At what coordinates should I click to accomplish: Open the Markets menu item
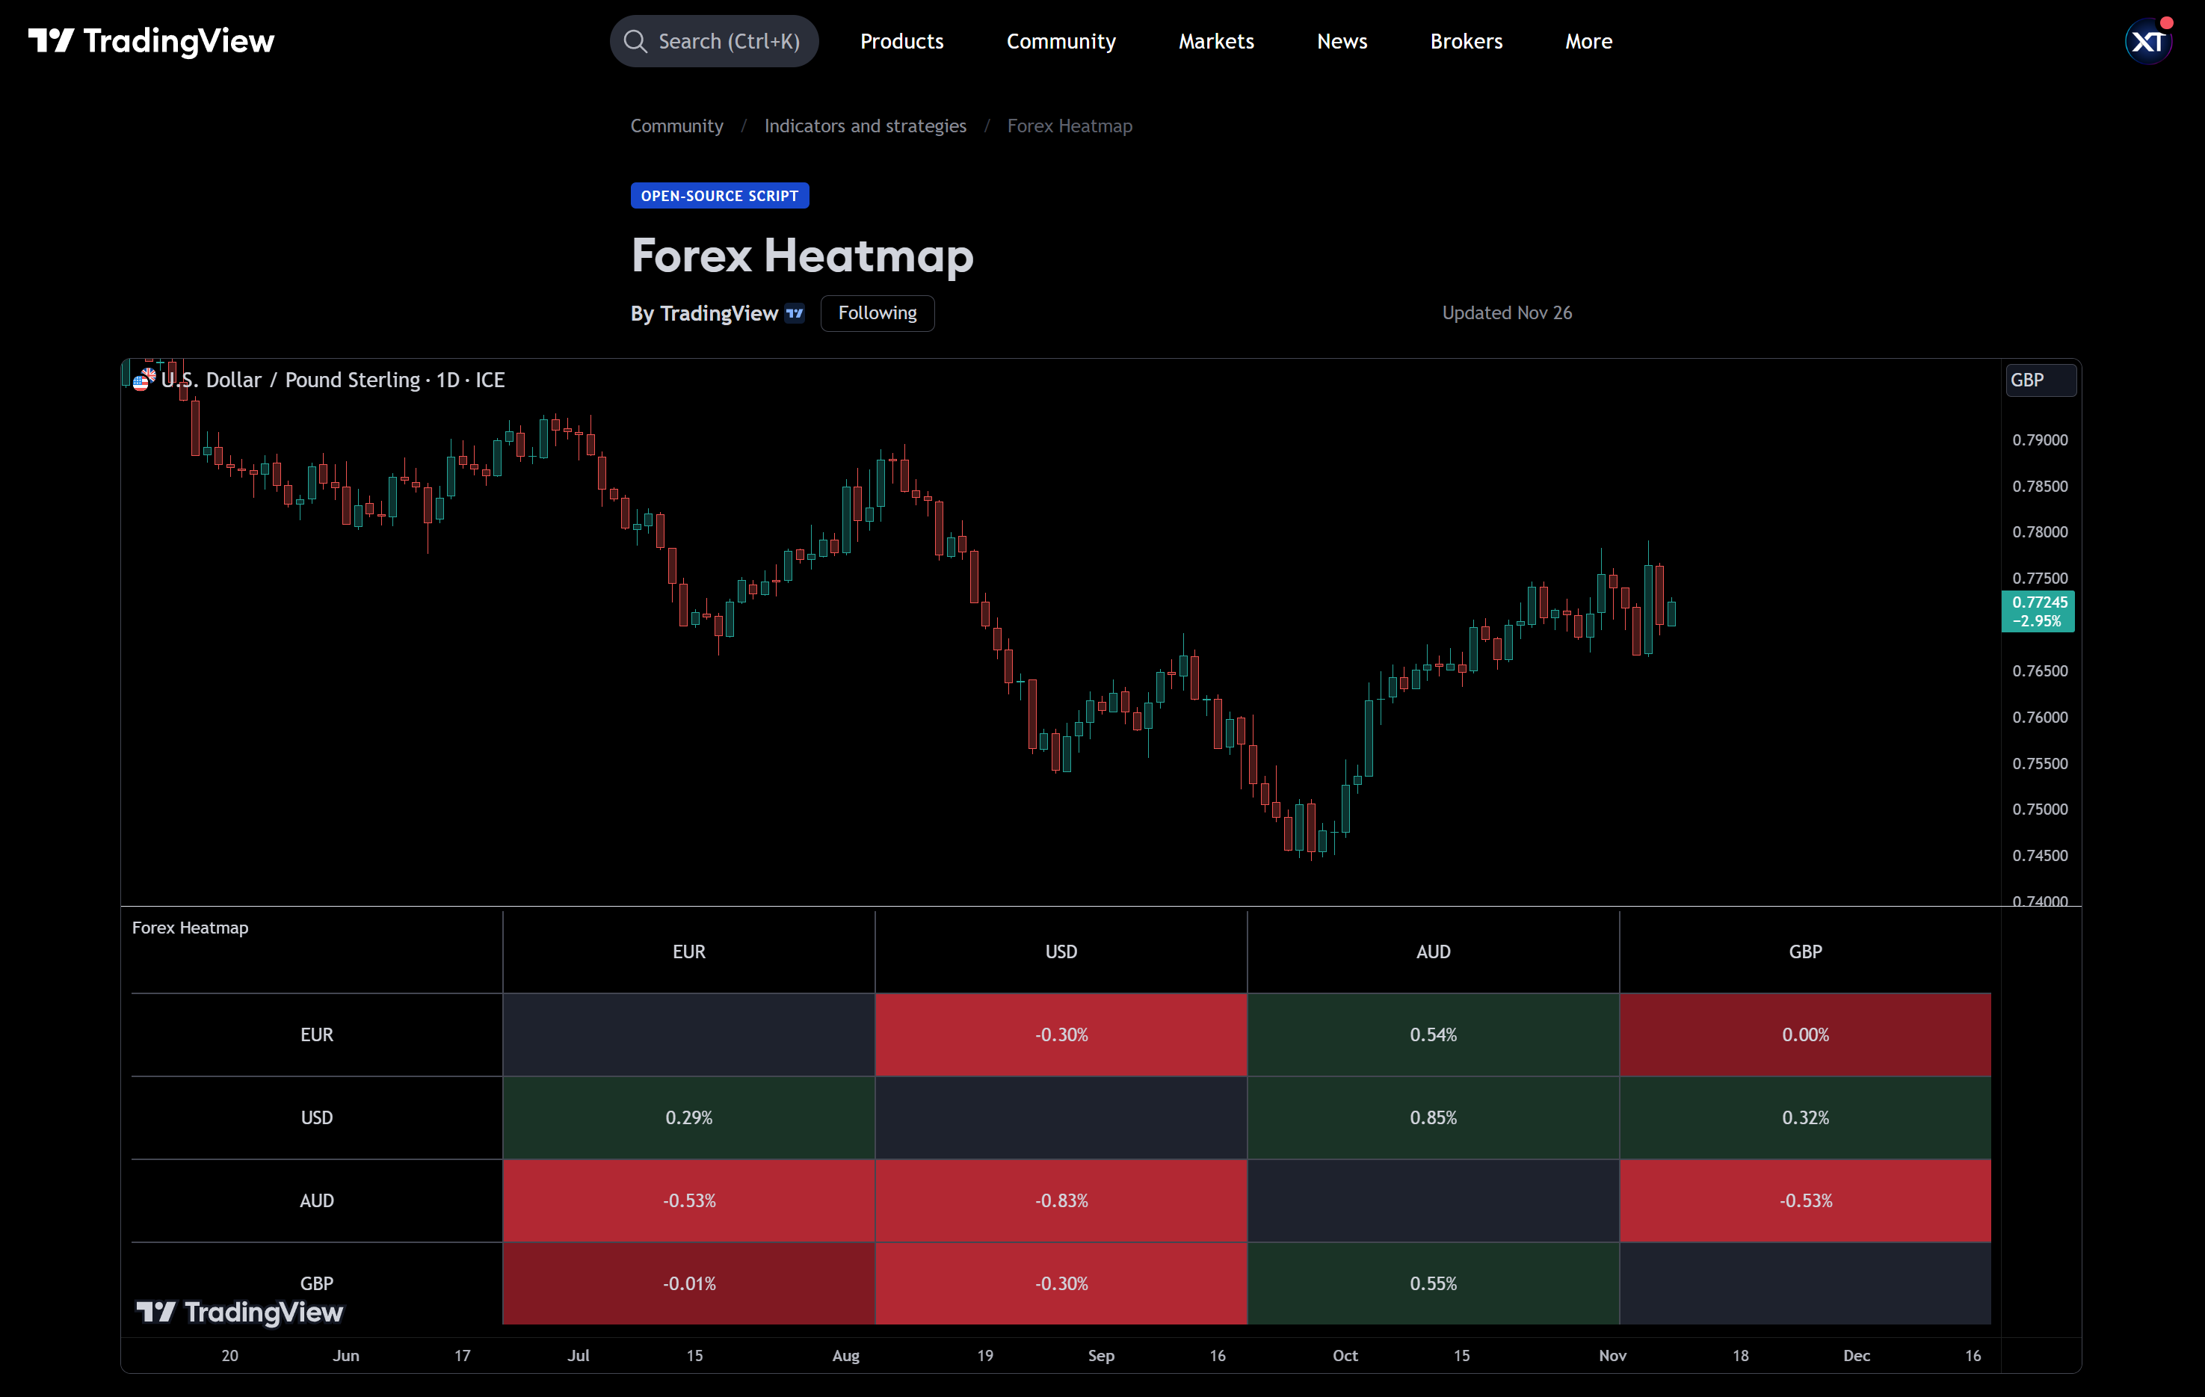click(1215, 41)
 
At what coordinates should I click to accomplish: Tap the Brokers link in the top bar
click(1465, 41)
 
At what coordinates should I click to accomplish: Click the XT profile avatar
click(2147, 41)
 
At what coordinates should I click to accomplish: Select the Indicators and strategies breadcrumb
click(864, 126)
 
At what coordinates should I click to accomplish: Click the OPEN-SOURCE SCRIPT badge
click(719, 196)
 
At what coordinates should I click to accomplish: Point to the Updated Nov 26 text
click(1506, 313)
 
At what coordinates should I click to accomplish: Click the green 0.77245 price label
click(2038, 611)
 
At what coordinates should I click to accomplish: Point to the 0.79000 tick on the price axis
click(2039, 440)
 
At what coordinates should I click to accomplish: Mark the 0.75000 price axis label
click(2039, 809)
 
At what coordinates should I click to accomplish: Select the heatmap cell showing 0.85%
click(1432, 1117)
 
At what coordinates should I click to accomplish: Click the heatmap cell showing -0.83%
click(1061, 1200)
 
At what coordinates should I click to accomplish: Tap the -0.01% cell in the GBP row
click(688, 1283)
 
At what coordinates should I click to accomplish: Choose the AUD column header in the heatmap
click(1432, 952)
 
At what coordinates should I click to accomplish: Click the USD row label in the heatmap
click(317, 1117)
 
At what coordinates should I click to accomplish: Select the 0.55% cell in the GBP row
click(1432, 1283)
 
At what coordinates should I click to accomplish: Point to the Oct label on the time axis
click(1344, 1356)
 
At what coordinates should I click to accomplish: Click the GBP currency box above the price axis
click(2039, 380)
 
